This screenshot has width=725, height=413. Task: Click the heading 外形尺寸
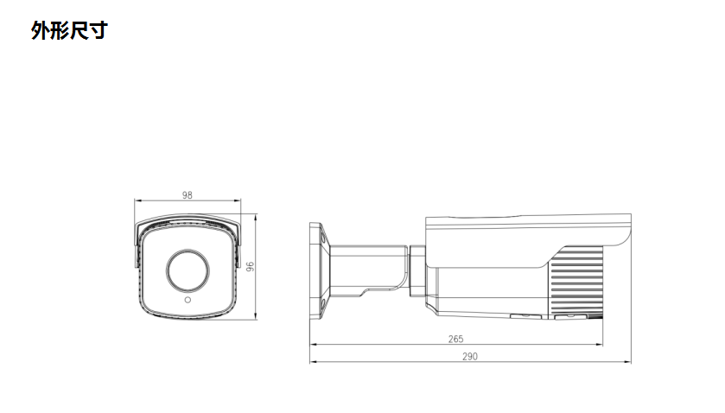(69, 31)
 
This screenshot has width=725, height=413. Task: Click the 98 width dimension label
(187, 195)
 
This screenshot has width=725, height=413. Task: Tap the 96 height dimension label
(250, 267)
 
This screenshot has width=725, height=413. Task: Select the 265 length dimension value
(456, 339)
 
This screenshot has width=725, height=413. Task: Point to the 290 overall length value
(469, 356)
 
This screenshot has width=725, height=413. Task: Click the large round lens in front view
(187, 270)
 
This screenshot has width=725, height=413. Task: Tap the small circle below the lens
(187, 302)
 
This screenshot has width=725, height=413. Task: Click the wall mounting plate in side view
(315, 270)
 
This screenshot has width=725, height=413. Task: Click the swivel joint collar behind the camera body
(417, 270)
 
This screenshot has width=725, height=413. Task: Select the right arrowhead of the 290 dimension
(628, 362)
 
